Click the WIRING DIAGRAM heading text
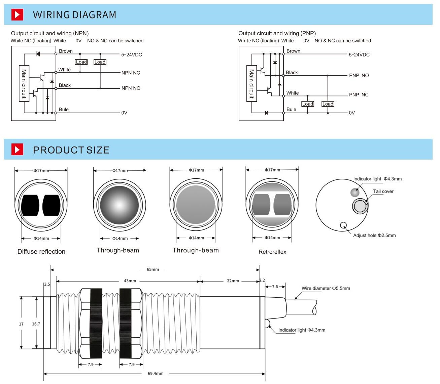[74, 15]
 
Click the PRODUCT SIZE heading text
[71, 150]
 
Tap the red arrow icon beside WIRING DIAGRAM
[17, 15]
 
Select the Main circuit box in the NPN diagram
[24, 83]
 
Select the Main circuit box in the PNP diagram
[251, 83]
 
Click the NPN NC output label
[131, 73]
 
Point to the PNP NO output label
[359, 75]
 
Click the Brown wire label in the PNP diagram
[293, 51]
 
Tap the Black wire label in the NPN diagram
[65, 85]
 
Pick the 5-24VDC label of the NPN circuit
[132, 55]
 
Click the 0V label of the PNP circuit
[352, 113]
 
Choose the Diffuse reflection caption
[41, 252]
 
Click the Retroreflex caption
[272, 252]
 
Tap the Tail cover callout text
[383, 191]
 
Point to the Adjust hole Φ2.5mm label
[374, 236]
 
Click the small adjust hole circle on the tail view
[344, 225]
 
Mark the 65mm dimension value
[153, 269]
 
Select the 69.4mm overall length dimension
[156, 373]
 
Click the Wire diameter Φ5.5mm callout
[326, 288]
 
